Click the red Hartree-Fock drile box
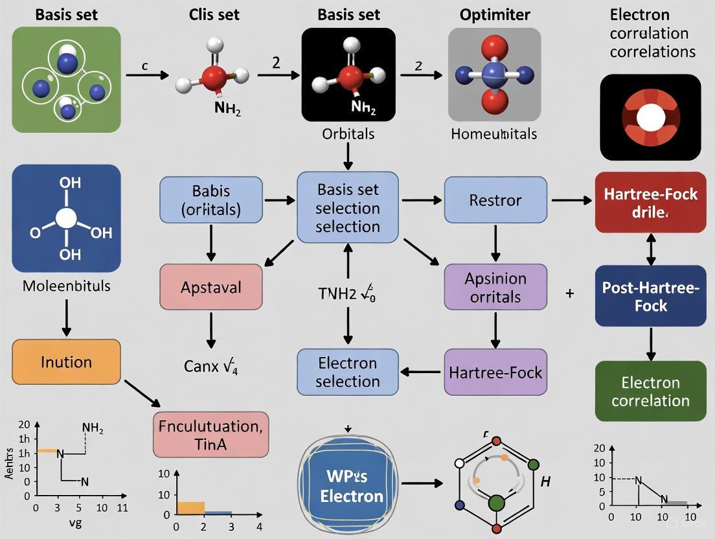pyautogui.click(x=650, y=202)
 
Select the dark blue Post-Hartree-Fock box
pyautogui.click(x=650, y=295)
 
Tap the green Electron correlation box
pyautogui.click(x=650, y=391)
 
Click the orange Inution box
pyautogui.click(x=66, y=361)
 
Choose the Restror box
pyautogui.click(x=495, y=200)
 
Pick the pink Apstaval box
pyautogui.click(x=210, y=286)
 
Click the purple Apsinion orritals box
pyautogui.click(x=495, y=287)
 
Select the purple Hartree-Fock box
pyautogui.click(x=495, y=372)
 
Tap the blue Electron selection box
pyautogui.click(x=348, y=372)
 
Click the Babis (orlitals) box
pyautogui.click(x=210, y=200)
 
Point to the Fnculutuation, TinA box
pyautogui.click(x=210, y=435)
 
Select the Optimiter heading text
pyautogui.click(x=495, y=14)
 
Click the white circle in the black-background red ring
pyautogui.click(x=650, y=118)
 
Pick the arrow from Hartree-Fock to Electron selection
pyautogui.click(x=422, y=372)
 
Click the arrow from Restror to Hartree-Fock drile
pyautogui.click(x=571, y=201)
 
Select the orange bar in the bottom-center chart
pyautogui.click(x=190, y=508)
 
